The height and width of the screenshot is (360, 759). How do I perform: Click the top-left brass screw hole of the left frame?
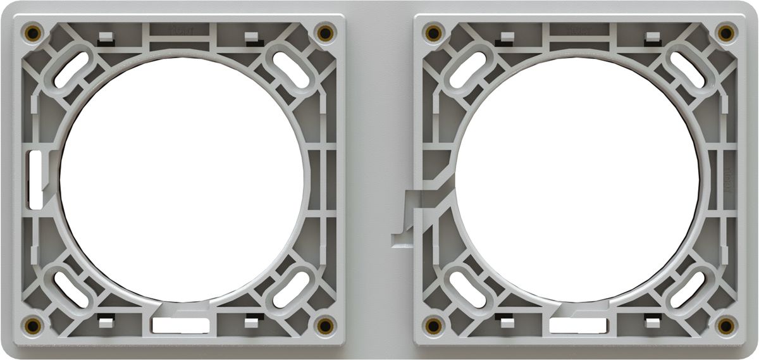tap(32, 32)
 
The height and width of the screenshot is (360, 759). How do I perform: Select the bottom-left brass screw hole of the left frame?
tap(32, 325)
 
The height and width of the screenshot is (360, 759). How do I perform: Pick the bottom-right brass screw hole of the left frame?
tap(325, 325)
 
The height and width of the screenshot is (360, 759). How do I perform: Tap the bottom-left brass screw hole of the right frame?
tap(433, 325)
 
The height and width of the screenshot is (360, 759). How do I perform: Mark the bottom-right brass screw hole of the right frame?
tap(726, 325)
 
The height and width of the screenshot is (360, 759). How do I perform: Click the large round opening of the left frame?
tap(182, 179)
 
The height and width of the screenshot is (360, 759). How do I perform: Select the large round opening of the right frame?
tap(577, 179)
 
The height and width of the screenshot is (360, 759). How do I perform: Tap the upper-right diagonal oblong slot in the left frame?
tap(290, 68)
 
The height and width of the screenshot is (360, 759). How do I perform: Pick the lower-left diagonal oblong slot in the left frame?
tap(71, 290)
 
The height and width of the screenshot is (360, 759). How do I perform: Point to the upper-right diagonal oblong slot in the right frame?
tap(687, 68)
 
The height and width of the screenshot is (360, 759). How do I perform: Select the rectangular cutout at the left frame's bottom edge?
tap(180, 326)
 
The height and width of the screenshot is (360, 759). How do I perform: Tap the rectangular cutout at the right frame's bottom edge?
tap(577, 326)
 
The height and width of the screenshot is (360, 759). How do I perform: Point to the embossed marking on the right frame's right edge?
tap(727, 179)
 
